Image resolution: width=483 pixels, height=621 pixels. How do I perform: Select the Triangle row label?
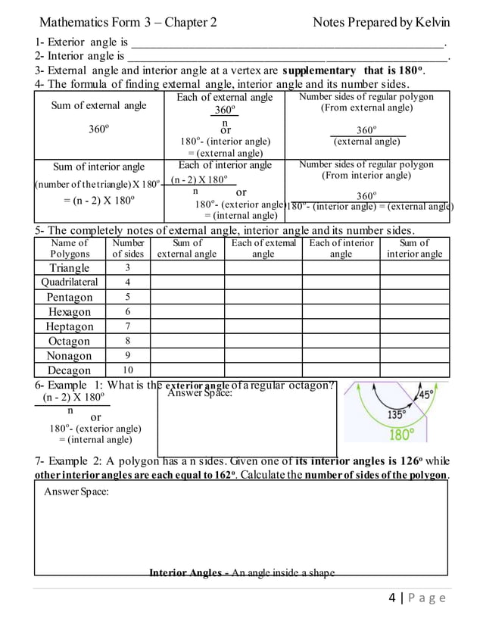(x=70, y=268)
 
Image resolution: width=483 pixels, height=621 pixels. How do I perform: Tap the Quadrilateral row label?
(x=70, y=282)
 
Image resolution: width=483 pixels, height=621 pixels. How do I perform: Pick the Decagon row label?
(x=70, y=370)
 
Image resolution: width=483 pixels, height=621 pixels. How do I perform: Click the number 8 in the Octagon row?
(x=128, y=341)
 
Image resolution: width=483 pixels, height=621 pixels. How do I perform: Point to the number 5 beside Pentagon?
(x=128, y=297)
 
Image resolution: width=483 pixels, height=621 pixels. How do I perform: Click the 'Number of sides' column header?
(x=128, y=248)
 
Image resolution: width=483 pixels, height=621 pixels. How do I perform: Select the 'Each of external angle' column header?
(x=263, y=248)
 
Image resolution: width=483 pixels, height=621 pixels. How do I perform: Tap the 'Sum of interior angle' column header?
(x=414, y=248)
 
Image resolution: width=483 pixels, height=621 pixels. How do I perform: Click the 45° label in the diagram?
(x=426, y=395)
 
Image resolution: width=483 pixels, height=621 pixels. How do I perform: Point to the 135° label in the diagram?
(x=396, y=414)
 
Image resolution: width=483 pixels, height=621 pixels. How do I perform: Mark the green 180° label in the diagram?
(x=401, y=435)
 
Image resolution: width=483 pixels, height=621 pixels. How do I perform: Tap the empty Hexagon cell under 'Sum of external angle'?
(x=187, y=312)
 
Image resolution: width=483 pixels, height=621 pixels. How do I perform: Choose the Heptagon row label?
(x=70, y=326)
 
